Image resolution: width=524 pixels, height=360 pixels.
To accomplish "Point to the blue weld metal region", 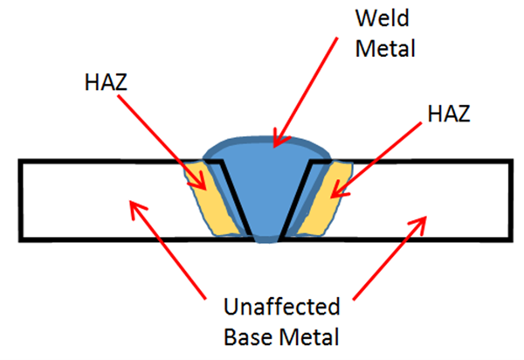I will [x=266, y=188].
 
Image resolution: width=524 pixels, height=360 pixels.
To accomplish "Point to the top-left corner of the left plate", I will [x=20, y=161].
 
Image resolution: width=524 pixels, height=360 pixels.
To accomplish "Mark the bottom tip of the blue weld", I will [x=269, y=242].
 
